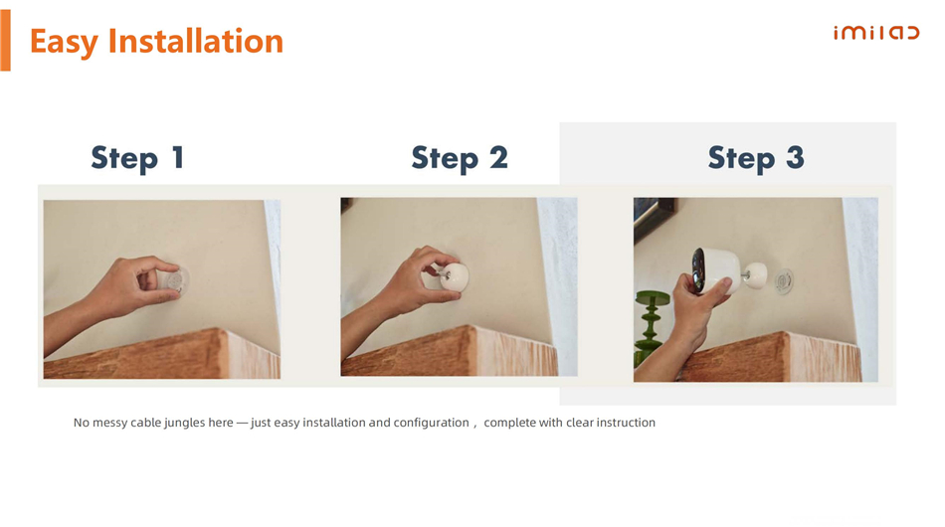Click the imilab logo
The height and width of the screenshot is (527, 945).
[876, 33]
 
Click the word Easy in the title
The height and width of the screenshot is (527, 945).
[64, 42]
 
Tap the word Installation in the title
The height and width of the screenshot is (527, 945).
[195, 41]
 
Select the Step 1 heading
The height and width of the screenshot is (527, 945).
[137, 158]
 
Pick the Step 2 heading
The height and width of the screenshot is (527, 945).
[460, 158]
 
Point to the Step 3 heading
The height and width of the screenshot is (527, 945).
[756, 158]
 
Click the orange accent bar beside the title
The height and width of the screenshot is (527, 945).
[5, 41]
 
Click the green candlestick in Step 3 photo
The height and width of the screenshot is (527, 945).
[650, 327]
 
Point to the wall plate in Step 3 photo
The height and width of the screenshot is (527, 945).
[783, 280]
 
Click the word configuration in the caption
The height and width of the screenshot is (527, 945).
[431, 423]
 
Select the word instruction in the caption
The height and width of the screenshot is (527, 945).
[626, 423]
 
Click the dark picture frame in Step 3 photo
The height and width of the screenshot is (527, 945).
[653, 218]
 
